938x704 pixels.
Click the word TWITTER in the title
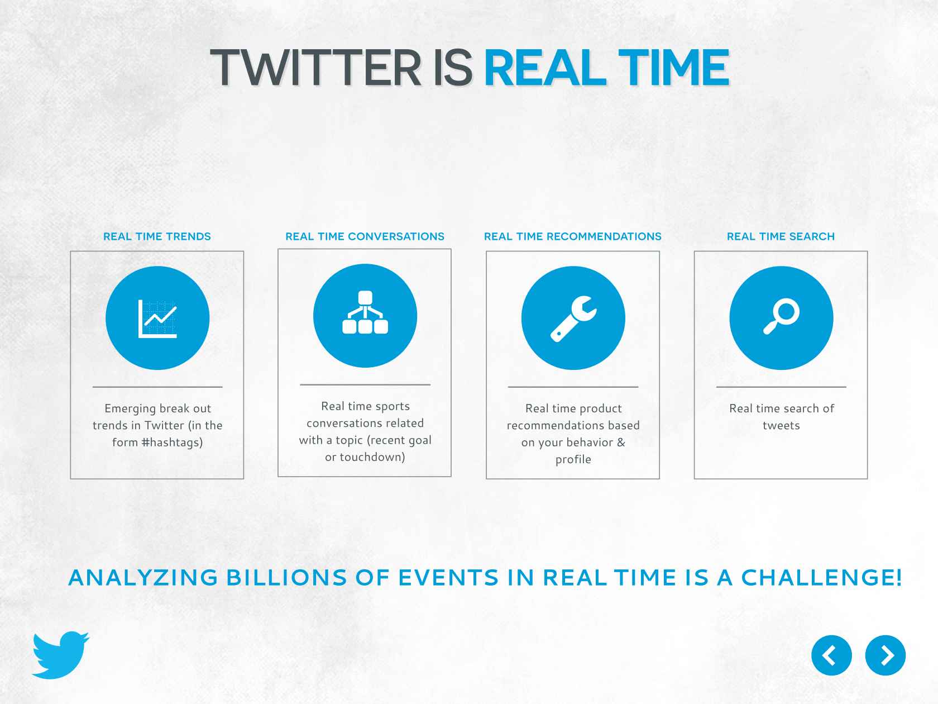point(315,68)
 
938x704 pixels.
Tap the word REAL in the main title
point(545,68)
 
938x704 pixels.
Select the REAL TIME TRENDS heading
point(157,236)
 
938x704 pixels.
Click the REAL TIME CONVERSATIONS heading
point(365,236)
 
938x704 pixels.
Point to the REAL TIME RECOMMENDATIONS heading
point(573,236)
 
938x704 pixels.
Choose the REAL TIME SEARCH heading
point(781,236)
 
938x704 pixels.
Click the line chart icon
point(157,318)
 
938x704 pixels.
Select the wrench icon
point(573,318)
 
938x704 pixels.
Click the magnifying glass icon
point(781,318)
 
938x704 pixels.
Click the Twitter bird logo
point(61,655)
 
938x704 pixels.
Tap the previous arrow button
point(831,655)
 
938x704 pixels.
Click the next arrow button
point(885,655)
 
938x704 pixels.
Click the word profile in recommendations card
point(573,459)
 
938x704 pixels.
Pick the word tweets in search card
point(781,425)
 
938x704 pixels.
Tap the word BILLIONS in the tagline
point(286,578)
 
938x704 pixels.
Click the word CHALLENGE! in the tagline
point(821,578)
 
